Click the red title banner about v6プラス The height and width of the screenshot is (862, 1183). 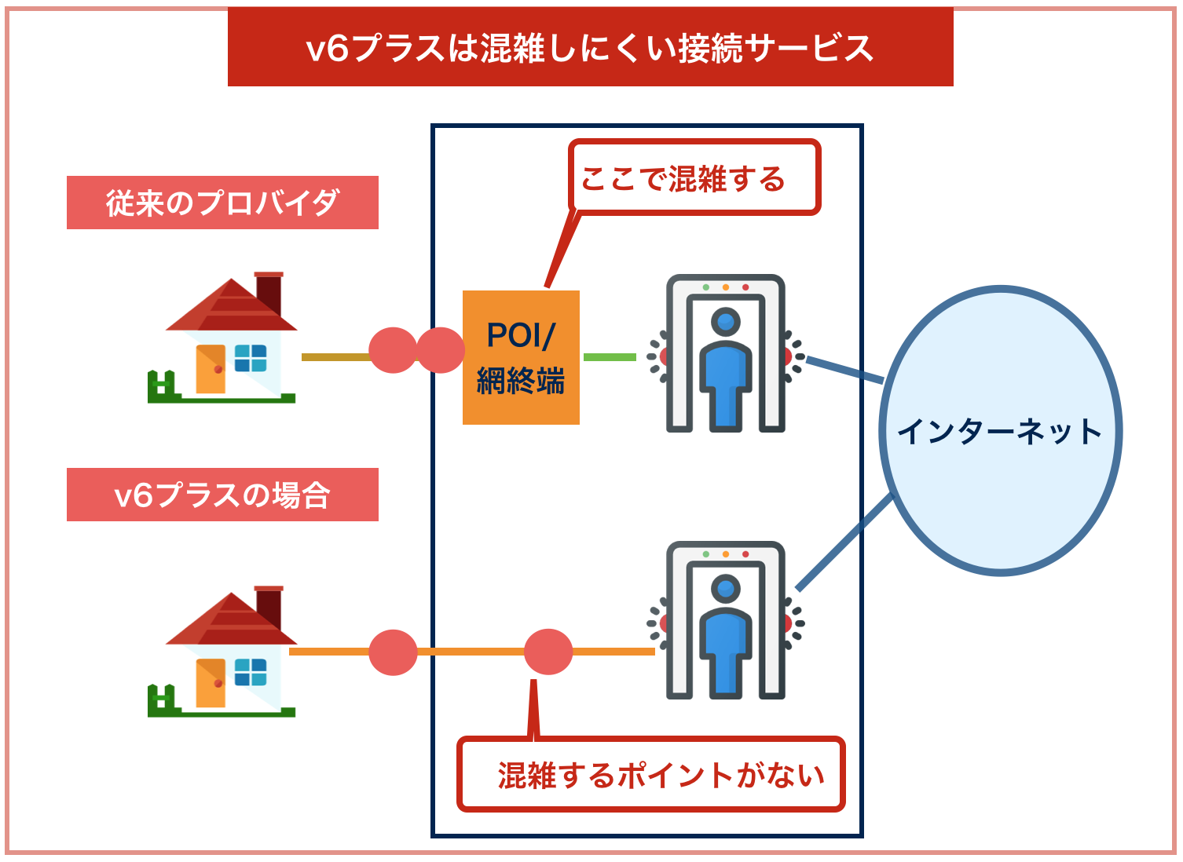(590, 48)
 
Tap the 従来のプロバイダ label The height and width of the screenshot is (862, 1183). (222, 203)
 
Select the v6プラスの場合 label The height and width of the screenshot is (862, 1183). (222, 495)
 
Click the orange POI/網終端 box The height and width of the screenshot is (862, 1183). (521, 357)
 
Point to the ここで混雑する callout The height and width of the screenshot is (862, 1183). (694, 178)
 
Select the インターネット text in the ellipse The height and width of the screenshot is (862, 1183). (999, 432)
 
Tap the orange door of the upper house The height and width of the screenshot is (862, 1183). (211, 368)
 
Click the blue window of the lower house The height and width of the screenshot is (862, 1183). (251, 672)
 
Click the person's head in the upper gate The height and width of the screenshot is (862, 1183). (725, 321)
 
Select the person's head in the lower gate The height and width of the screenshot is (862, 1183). (725, 588)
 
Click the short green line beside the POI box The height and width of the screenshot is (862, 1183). (610, 357)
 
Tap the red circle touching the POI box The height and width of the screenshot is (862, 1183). (441, 350)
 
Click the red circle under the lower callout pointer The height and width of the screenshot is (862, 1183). (548, 652)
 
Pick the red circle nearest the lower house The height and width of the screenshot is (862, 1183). (393, 652)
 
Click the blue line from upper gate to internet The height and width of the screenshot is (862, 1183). (844, 370)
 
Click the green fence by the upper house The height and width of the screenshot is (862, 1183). (161, 387)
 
